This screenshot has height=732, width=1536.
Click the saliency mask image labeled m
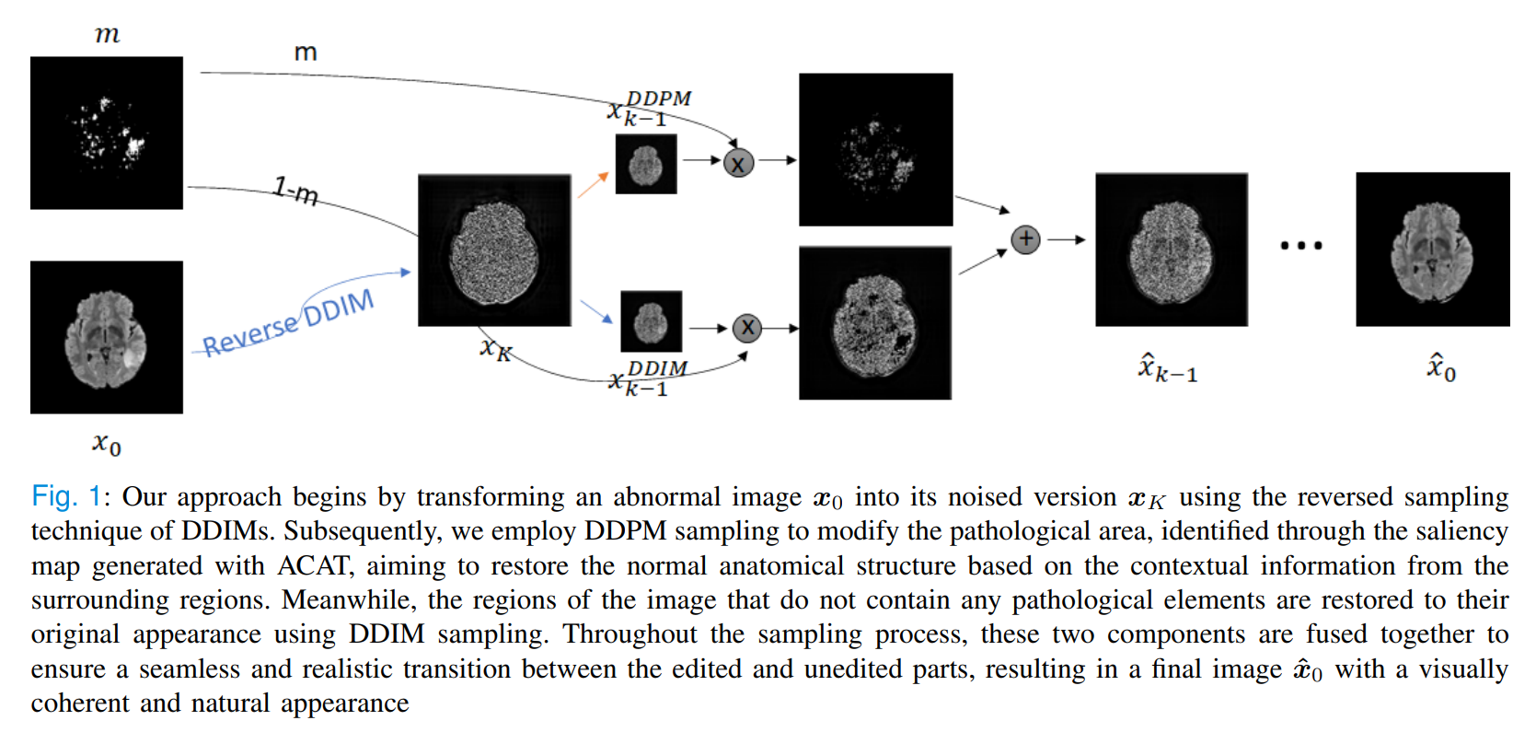coord(107,133)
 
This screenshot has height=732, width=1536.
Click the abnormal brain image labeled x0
coord(107,337)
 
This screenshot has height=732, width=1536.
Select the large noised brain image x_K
coord(494,250)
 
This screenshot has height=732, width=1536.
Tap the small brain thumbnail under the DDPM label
coord(645,164)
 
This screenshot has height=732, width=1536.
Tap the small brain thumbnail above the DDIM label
coord(651,321)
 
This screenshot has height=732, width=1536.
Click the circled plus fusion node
coord(1025,239)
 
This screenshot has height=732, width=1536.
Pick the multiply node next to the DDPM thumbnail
coord(738,164)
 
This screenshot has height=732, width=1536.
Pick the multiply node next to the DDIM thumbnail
coord(747,328)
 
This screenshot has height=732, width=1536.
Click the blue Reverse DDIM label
coord(288,323)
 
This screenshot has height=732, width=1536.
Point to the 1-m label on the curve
coord(295,192)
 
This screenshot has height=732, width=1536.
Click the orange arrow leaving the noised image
coord(593,185)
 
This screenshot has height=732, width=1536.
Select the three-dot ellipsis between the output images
coord(1300,246)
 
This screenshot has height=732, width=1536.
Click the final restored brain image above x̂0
coord(1432,249)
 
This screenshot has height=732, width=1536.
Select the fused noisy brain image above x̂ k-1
coord(1171,250)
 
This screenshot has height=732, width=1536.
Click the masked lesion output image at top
coord(875,149)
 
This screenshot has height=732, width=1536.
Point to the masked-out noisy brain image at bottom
coord(874,323)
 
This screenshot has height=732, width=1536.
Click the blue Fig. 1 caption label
coord(65,497)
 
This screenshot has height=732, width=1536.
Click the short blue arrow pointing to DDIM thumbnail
coord(596,312)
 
